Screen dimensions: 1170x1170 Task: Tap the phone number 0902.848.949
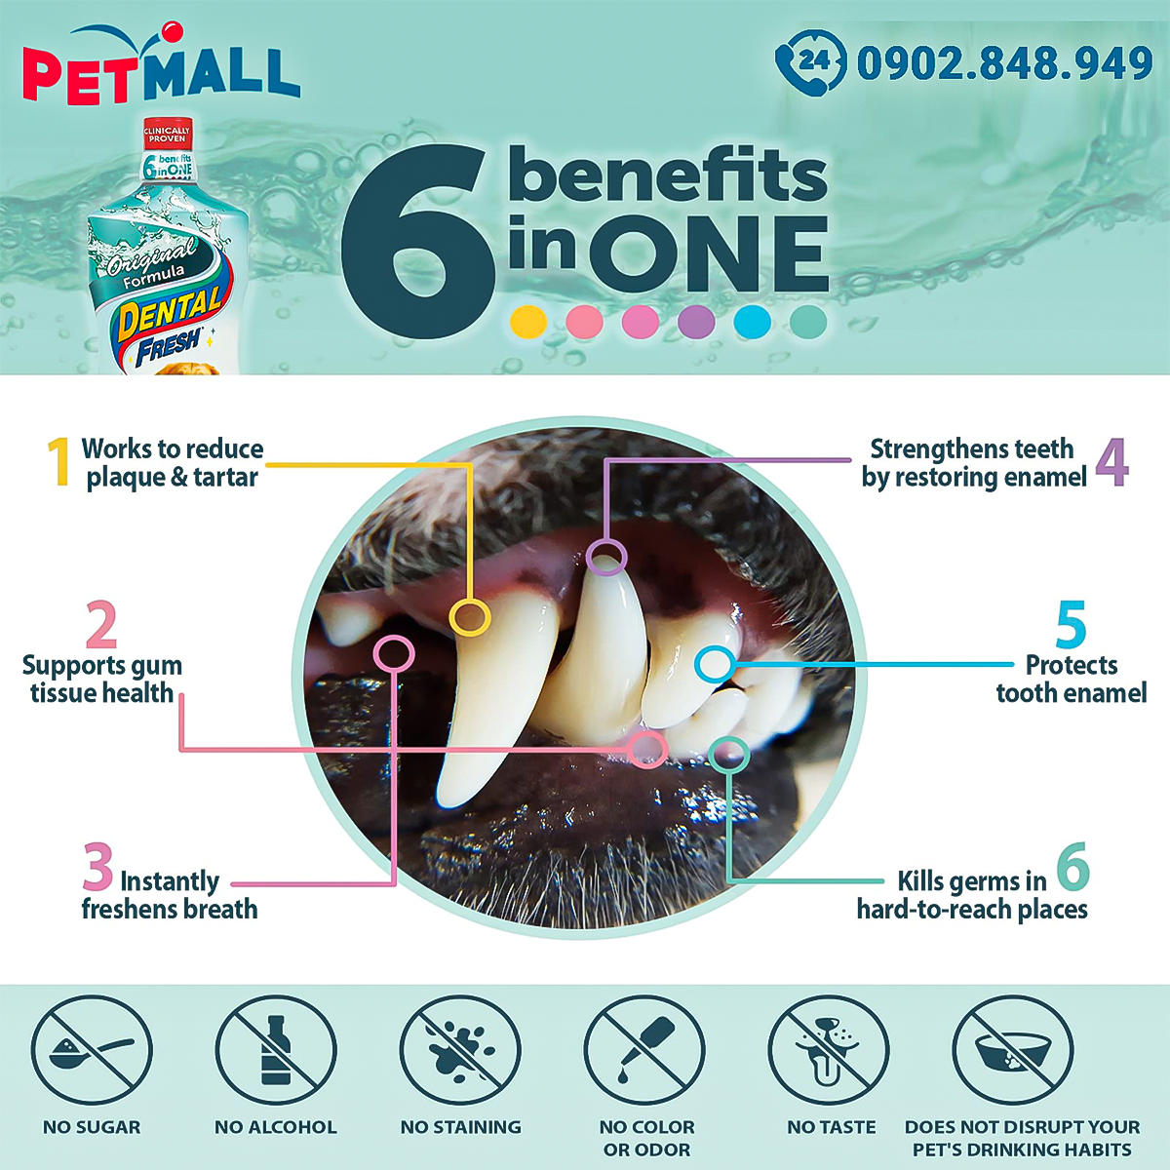[x=1004, y=63]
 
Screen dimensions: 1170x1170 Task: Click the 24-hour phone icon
[x=810, y=63]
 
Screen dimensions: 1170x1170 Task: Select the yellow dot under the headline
[x=528, y=321]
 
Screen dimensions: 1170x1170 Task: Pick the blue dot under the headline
[x=753, y=321]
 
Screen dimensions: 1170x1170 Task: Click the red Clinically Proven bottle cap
[x=167, y=135]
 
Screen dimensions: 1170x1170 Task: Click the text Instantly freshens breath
[x=170, y=895]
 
